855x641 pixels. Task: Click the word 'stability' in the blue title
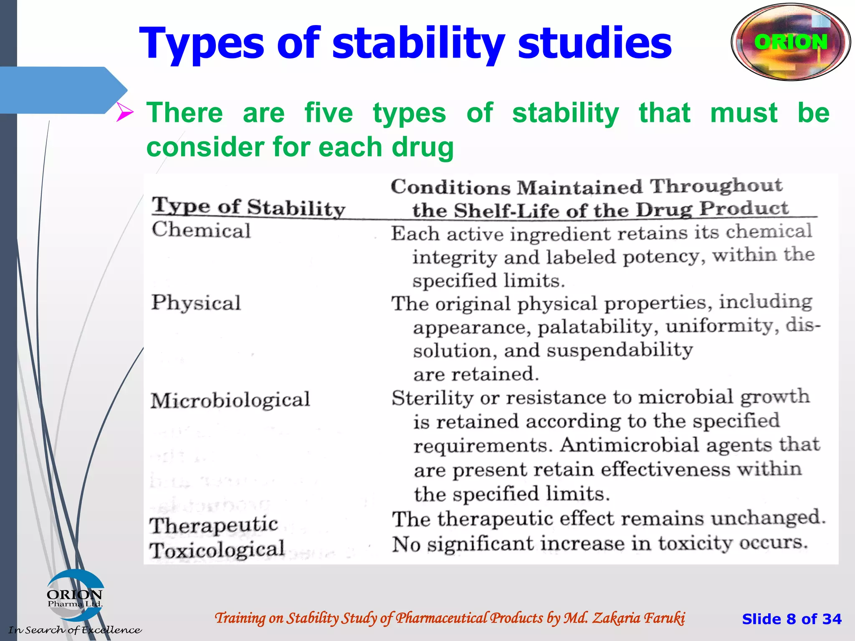point(418,43)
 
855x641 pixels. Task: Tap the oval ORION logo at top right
point(791,42)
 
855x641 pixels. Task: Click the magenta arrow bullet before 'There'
point(124,112)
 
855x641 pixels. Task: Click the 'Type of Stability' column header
point(248,207)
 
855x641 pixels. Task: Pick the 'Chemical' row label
point(201,230)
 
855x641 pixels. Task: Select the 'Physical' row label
point(196,303)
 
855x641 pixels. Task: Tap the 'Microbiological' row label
point(230,400)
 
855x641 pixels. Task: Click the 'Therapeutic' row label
point(214,525)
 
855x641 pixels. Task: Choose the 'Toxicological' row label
point(217,550)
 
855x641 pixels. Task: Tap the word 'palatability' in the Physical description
point(598,326)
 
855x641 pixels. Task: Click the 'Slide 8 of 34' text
point(792,618)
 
